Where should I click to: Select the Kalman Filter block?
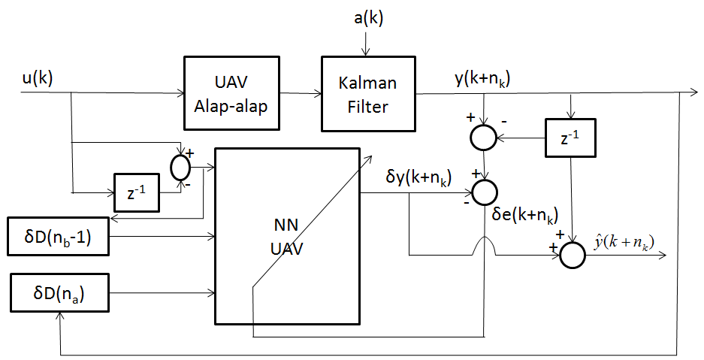point(367,95)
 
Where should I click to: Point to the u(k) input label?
point(37,77)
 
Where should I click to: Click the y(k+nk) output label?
point(483,78)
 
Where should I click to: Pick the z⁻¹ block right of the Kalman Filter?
point(569,138)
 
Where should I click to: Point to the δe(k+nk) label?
point(524,216)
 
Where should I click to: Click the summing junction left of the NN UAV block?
point(181,166)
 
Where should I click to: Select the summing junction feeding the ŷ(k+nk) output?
point(573,254)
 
